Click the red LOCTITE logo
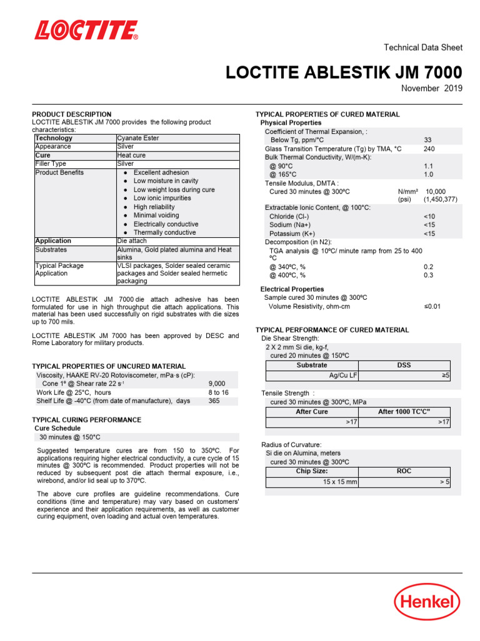click(86, 30)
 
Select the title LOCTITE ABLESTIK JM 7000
click(344, 72)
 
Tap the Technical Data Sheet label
click(422, 48)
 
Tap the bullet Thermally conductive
click(164, 232)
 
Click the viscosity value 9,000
click(217, 384)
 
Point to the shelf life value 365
click(214, 401)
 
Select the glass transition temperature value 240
click(429, 149)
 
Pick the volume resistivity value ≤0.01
click(432, 307)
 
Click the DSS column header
click(404, 365)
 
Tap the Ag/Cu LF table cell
click(343, 376)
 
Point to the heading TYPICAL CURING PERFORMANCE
click(86, 420)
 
